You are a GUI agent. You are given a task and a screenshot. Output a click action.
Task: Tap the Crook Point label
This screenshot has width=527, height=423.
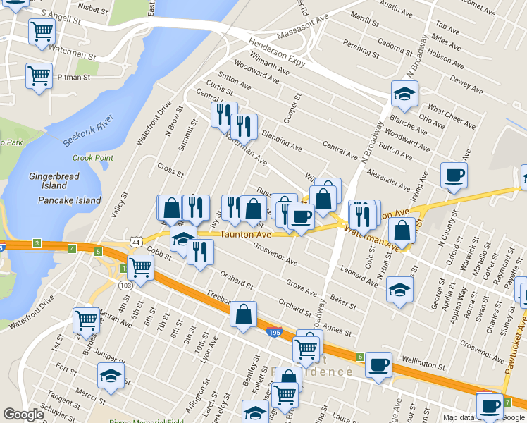(x=92, y=158)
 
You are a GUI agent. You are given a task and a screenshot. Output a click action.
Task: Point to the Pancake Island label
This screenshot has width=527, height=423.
(x=69, y=200)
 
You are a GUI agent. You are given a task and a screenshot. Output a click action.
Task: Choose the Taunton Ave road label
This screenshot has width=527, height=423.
(x=246, y=234)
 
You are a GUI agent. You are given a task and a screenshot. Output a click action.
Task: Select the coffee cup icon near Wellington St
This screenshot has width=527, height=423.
(x=378, y=364)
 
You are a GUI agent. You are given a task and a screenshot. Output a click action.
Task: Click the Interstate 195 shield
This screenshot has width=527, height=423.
(x=275, y=331)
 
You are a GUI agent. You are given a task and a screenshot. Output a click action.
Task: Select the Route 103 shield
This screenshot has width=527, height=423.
(x=125, y=285)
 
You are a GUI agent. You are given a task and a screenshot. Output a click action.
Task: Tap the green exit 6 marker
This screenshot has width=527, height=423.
(x=360, y=357)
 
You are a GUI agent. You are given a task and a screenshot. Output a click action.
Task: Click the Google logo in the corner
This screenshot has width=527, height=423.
(x=23, y=415)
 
